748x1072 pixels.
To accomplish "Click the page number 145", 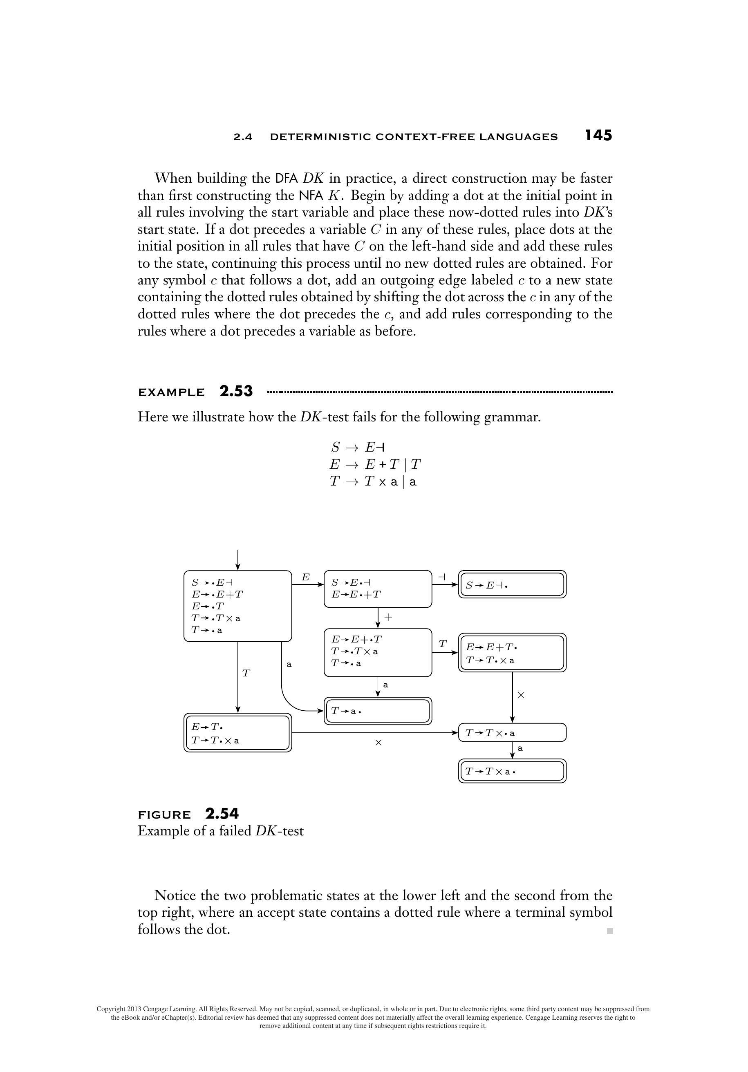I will pos(598,135).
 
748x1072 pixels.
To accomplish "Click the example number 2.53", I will pos(236,391).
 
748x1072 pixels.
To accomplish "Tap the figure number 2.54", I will pos(222,814).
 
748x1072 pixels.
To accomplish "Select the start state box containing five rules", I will pos(237,606).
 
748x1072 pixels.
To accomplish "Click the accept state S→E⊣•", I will pos(512,584).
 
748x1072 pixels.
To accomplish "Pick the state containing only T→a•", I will pos(378,711).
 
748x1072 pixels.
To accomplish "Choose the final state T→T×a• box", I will pos(512,771).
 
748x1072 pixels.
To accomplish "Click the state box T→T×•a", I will pos(512,732).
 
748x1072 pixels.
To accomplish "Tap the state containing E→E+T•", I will pos(512,653).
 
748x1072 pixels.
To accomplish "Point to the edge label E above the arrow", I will pos(305,577).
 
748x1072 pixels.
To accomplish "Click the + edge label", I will pos(388,617).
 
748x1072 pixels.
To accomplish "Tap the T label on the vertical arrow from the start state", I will pos(246,673).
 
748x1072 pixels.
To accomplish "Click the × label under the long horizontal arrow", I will pos(378,742).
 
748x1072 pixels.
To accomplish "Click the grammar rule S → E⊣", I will pos(358,447).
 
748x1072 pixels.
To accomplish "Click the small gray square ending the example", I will pos(609,931).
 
